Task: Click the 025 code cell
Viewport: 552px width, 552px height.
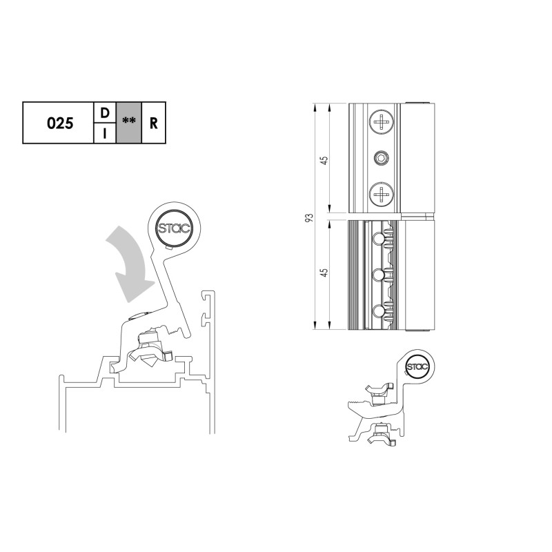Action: click(x=59, y=124)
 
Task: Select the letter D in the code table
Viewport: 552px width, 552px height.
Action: click(x=104, y=112)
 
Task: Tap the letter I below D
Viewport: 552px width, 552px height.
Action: click(x=104, y=134)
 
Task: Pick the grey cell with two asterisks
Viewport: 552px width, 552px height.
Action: click(x=128, y=124)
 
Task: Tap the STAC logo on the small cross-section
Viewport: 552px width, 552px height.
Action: click(x=417, y=367)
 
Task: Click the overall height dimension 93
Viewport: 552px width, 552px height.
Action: click(x=310, y=217)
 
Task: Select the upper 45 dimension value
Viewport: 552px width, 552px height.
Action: click(x=324, y=159)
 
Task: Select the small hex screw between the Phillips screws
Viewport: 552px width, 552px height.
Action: click(x=380, y=159)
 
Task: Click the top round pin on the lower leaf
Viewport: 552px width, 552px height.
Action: click(x=377, y=238)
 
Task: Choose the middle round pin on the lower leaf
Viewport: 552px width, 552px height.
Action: click(x=377, y=275)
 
